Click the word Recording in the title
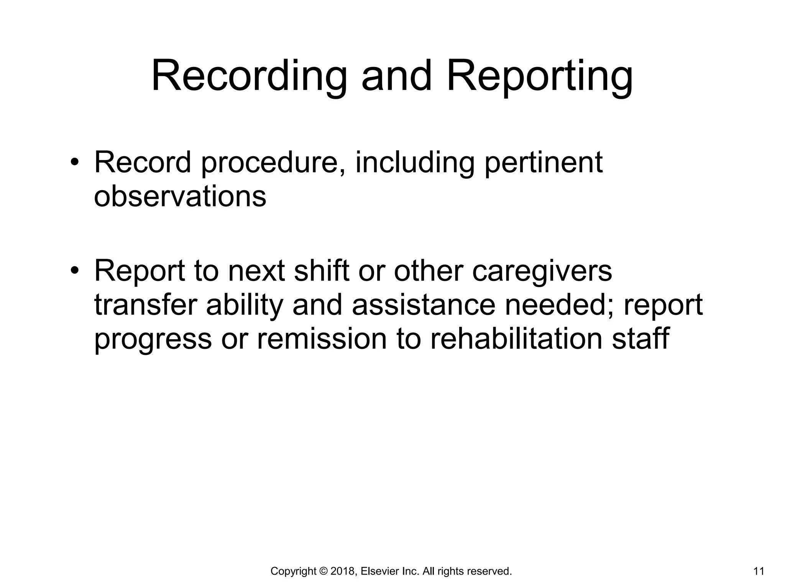click(x=249, y=77)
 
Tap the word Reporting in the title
click(x=540, y=77)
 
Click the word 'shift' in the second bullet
click(x=321, y=271)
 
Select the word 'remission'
click(x=321, y=338)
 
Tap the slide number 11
click(x=759, y=572)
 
